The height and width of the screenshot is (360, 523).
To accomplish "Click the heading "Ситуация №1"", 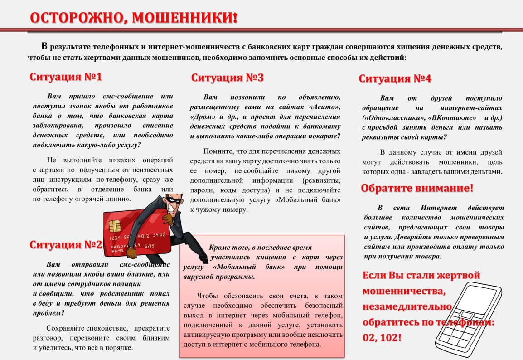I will [x=66, y=77].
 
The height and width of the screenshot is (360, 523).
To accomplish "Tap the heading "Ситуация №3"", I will [x=227, y=78].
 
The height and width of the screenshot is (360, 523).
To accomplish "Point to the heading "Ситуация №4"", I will [x=395, y=78].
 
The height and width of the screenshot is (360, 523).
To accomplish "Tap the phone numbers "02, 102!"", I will [x=382, y=337].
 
